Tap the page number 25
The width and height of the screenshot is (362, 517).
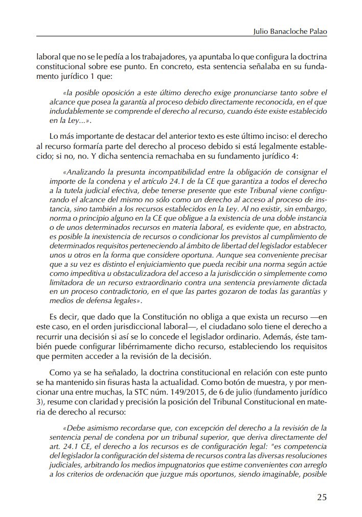coord(321,497)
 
